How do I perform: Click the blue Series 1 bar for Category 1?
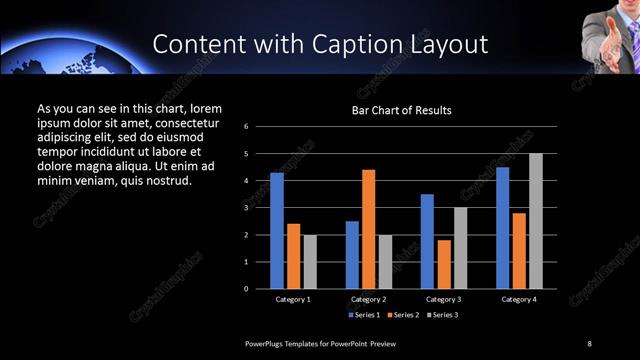[x=277, y=231]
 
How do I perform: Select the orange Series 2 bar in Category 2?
[x=369, y=229]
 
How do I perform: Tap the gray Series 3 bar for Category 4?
[x=536, y=221]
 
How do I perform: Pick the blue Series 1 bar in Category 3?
[x=427, y=241]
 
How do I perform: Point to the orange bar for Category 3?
[x=444, y=264]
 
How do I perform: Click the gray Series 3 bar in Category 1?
[x=309, y=262]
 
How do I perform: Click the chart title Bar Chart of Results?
[x=401, y=110]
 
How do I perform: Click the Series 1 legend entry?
[x=365, y=315]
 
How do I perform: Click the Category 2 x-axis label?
[x=368, y=299]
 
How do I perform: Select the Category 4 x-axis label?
[x=519, y=299]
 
